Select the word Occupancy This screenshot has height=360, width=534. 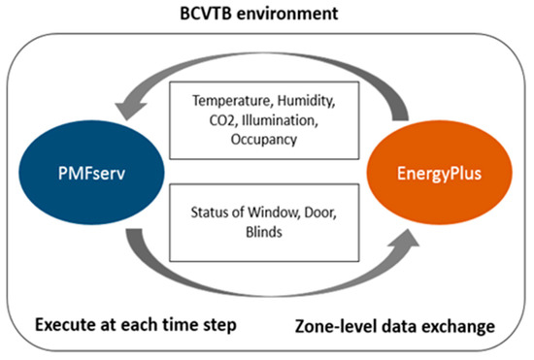tap(266, 140)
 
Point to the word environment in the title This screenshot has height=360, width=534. tap(295, 14)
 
